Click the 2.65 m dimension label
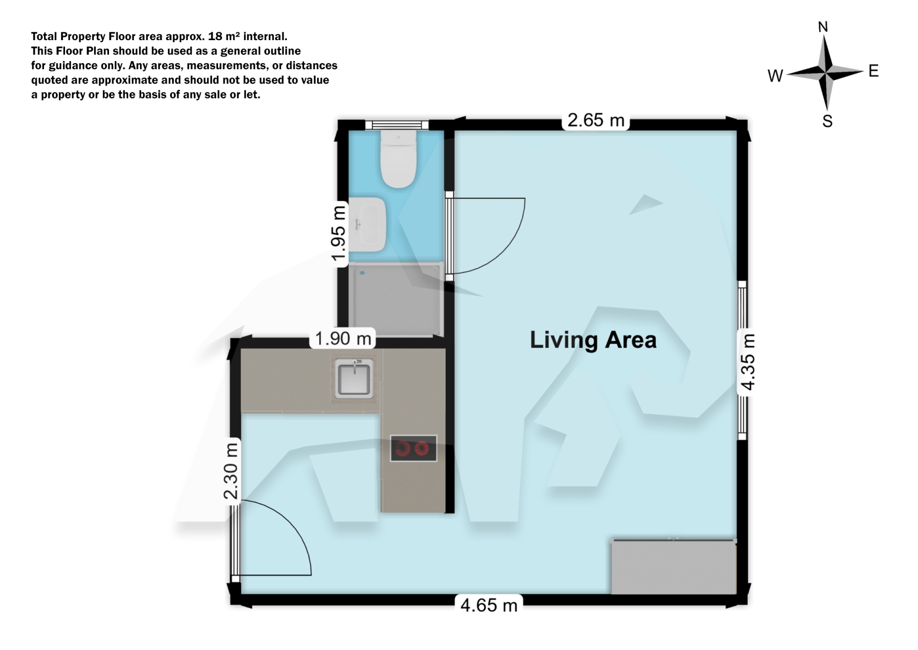tap(596, 120)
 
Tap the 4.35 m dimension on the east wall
tap(747, 362)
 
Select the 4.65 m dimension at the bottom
tap(489, 606)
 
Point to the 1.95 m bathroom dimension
tap(339, 235)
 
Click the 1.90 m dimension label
tap(343, 338)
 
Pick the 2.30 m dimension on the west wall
tap(231, 471)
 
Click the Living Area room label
tap(593, 340)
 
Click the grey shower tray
tap(395, 300)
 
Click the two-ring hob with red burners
tap(413, 448)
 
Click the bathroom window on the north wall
tap(396, 125)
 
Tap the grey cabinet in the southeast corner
tap(673, 567)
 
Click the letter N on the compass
tap(823, 27)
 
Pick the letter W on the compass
tap(775, 76)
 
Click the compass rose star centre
tap(826, 73)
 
